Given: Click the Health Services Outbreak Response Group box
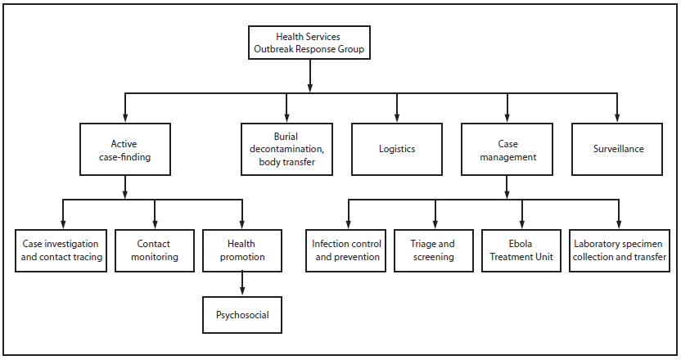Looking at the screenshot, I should click(x=309, y=43).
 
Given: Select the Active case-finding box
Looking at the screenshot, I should click(x=125, y=150).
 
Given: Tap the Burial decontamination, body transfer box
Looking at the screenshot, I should click(x=286, y=150).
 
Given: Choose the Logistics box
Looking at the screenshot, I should click(x=397, y=150).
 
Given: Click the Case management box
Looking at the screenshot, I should click(x=507, y=150).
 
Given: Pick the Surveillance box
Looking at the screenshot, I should click(x=618, y=150).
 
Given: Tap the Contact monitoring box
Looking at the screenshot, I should click(x=155, y=250).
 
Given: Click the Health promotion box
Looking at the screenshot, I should click(x=241, y=250).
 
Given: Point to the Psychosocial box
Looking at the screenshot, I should click(x=241, y=313).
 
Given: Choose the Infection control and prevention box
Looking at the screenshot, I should click(x=348, y=250).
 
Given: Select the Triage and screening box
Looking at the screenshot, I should click(x=435, y=250).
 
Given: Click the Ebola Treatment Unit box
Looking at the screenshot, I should click(x=521, y=250).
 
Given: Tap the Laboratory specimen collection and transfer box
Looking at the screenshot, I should click(x=619, y=250).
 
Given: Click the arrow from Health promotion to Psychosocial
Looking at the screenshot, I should click(x=241, y=283).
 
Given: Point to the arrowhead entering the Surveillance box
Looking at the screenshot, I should click(x=618, y=119).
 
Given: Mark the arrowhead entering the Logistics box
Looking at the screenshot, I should click(x=397, y=119).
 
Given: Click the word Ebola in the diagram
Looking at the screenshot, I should click(x=521, y=244).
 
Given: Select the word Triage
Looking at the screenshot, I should click(x=421, y=244).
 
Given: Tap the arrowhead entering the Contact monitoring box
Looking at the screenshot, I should click(x=155, y=224).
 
